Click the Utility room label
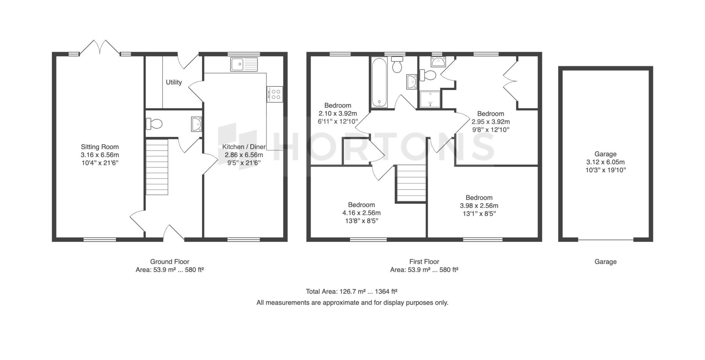point(174,82)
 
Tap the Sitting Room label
point(100,147)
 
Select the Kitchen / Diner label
point(244,147)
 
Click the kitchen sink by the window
point(245,65)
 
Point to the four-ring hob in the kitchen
point(275,94)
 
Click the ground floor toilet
point(154,124)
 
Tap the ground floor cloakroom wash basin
point(196,124)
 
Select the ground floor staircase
point(157,167)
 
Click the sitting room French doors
point(100,48)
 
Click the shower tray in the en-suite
point(430,99)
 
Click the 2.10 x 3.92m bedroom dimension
point(338,114)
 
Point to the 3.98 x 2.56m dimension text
point(479,206)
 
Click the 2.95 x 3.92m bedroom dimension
point(491,122)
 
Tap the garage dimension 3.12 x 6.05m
point(605,162)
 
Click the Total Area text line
point(352,292)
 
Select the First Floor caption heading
point(424,262)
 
